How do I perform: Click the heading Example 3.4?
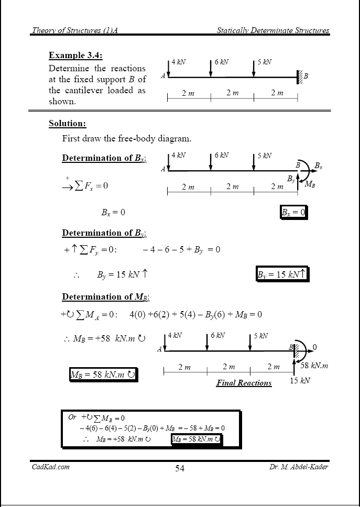tap(75, 55)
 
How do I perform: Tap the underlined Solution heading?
tap(67, 124)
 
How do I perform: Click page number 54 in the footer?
tap(180, 468)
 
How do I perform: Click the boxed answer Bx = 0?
tap(293, 212)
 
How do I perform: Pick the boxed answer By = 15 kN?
tap(283, 274)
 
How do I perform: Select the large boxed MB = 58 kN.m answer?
tap(103, 374)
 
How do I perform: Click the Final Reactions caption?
tap(244, 383)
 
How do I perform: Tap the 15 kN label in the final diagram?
tap(300, 381)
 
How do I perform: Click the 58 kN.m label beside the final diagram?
tap(314, 365)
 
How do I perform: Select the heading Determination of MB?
tap(105, 297)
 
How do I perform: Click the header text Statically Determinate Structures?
tap(273, 30)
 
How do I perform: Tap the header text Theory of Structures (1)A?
tap(74, 30)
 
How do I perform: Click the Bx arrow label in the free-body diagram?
tap(318, 167)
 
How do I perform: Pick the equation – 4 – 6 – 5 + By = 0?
tap(181, 250)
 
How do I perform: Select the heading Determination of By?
tap(104, 233)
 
